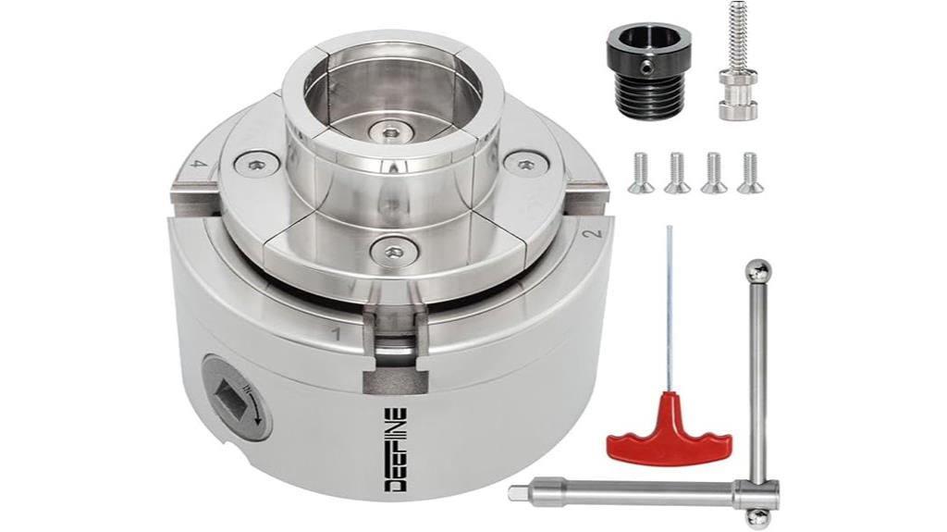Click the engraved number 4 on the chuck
pyautogui.click(x=196, y=163)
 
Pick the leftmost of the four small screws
pyautogui.click(x=641, y=173)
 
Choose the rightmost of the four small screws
pyautogui.click(x=750, y=173)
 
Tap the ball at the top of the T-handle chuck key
pyautogui.click(x=757, y=271)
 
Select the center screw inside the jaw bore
pyautogui.click(x=389, y=131)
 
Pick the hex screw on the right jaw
pyautogui.click(x=525, y=165)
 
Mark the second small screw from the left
pyautogui.click(x=677, y=173)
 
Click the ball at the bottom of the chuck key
pyautogui.click(x=758, y=517)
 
